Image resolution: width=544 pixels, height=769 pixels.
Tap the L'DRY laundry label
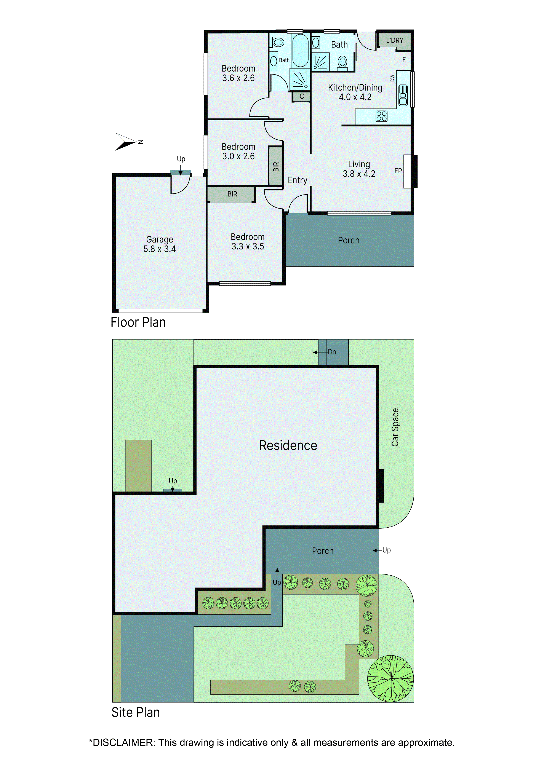point(395,41)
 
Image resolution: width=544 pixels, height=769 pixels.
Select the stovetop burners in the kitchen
point(382,116)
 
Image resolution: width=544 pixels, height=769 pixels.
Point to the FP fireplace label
point(398,171)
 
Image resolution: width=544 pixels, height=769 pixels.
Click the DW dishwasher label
point(392,78)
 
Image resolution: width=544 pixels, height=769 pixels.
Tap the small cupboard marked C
point(301,96)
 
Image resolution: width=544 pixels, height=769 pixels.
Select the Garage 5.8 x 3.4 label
point(159,244)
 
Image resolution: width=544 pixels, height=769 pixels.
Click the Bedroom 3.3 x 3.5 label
point(248,241)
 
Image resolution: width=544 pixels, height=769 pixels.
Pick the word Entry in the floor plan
point(298,180)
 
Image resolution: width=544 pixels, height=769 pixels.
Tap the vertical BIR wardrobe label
point(276,166)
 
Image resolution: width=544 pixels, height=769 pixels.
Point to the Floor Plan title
point(138,322)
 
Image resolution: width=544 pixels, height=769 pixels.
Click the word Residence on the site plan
point(288,445)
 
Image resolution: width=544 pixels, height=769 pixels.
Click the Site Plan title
point(136,712)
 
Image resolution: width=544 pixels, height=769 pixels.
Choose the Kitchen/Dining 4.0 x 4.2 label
point(355,92)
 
